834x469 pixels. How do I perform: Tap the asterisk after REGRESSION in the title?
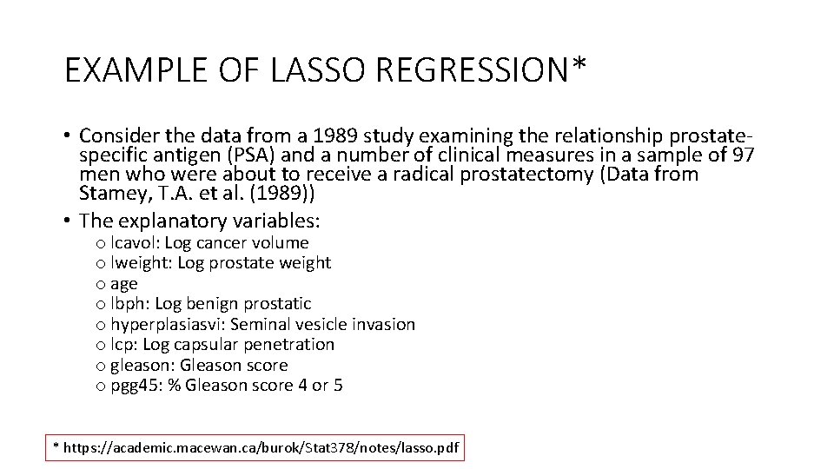579,64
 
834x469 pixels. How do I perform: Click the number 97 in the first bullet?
744,155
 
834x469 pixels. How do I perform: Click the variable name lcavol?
134,242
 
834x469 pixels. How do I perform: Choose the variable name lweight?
140,262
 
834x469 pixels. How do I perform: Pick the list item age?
123,284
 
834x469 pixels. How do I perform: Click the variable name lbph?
129,303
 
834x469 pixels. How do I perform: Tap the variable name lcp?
124,345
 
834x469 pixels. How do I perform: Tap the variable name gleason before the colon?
138,366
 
